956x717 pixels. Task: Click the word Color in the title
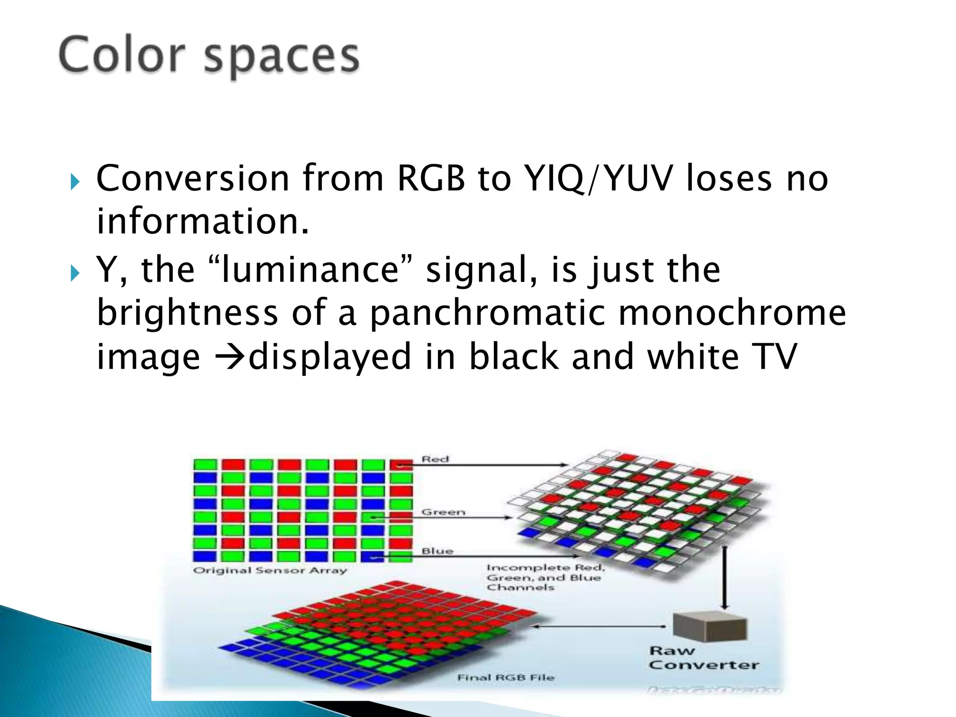point(122,56)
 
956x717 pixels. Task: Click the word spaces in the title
point(281,58)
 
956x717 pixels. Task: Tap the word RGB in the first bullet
point(431,178)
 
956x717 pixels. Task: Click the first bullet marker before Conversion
point(75,182)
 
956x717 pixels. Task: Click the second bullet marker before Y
point(75,273)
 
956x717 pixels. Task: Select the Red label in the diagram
point(435,459)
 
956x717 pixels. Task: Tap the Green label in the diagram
point(443,512)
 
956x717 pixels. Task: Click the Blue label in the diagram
point(437,551)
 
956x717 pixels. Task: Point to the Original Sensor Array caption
point(270,570)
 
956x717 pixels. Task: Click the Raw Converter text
point(703,658)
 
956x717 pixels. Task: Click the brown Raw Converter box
point(710,626)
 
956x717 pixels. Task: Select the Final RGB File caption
point(506,677)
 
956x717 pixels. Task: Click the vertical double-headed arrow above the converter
point(724,577)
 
